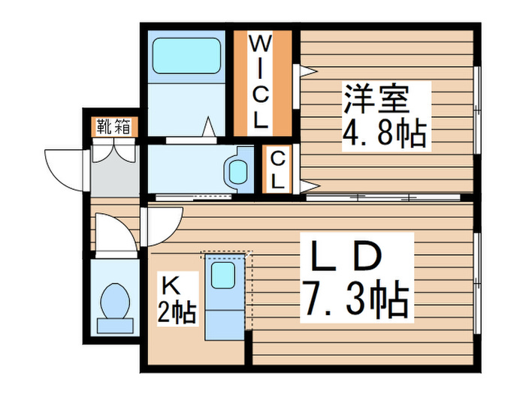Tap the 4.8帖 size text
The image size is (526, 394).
pos(384,135)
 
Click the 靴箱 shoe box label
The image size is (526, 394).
pos(113,127)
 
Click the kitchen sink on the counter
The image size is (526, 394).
pos(223,275)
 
